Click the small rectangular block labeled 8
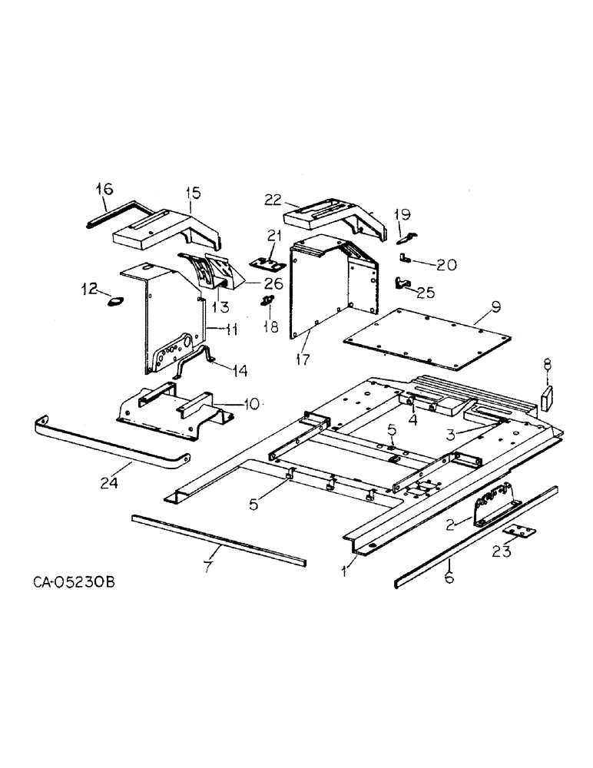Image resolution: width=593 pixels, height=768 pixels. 548,399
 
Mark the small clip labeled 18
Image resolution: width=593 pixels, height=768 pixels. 268,300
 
